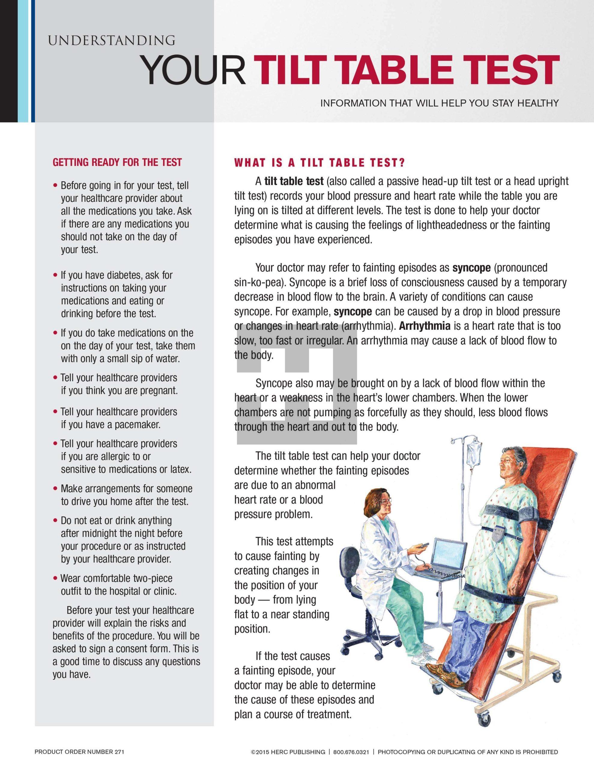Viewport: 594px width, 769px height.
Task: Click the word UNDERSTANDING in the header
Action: click(112, 41)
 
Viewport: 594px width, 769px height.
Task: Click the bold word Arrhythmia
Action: click(425, 326)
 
